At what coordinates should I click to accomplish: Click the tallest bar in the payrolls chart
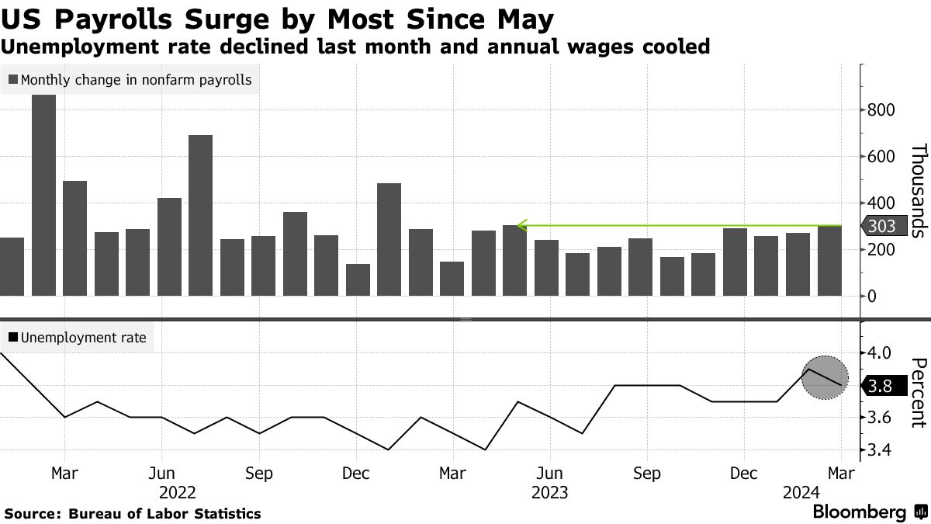point(43,195)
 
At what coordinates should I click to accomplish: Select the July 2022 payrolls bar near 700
point(200,215)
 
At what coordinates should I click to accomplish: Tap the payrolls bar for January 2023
point(389,239)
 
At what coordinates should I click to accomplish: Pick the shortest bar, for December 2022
point(358,279)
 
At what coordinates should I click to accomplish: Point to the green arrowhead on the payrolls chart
point(522,226)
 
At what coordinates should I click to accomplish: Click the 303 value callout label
point(882,226)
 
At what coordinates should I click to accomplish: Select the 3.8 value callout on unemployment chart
point(882,385)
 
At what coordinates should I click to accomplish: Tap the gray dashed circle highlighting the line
point(823,378)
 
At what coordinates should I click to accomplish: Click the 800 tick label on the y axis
point(881,110)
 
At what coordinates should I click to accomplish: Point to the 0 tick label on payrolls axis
point(872,297)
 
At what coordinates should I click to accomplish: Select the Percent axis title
point(919,392)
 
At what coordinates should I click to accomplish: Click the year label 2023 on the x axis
point(549,492)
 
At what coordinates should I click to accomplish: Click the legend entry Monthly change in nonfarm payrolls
point(130,80)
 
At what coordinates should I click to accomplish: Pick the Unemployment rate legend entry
point(77,338)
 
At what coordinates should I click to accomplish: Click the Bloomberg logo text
point(860,512)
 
